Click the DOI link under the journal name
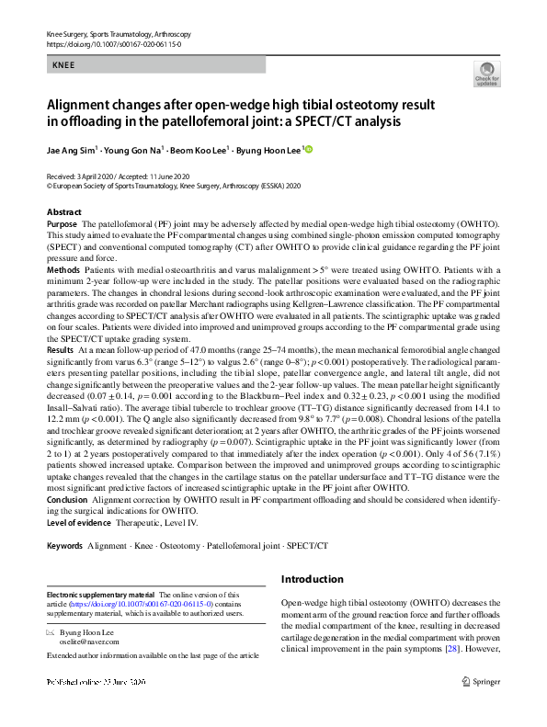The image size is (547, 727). (x=113, y=43)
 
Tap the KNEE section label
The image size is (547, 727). (x=63, y=67)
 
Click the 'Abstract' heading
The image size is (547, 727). (x=63, y=211)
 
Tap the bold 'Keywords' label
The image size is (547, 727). (x=64, y=545)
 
